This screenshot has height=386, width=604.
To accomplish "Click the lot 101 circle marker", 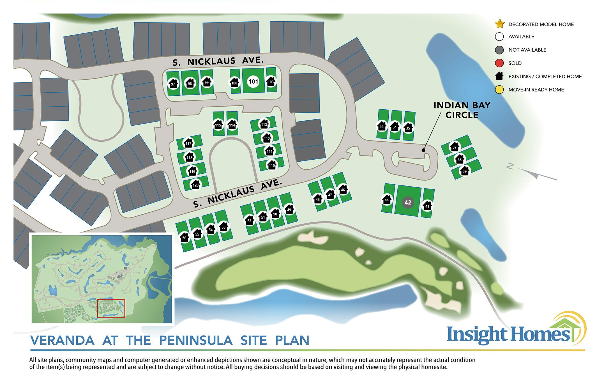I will pyautogui.click(x=253, y=82).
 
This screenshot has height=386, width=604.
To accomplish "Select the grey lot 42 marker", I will pyautogui.click(x=408, y=203).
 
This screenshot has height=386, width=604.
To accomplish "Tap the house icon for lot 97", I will pyautogui.click(x=173, y=84).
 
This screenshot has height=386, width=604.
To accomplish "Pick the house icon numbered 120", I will pyautogui.click(x=195, y=185).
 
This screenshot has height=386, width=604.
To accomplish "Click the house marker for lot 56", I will pyautogui.click(x=184, y=237).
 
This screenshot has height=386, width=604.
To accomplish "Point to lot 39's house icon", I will pyautogui.click(x=465, y=171).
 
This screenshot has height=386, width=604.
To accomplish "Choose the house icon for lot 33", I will pyautogui.click(x=382, y=126).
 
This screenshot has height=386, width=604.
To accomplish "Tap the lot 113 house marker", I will pyautogui.click(x=264, y=124).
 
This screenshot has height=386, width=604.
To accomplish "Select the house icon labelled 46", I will pyautogui.click(x=343, y=189).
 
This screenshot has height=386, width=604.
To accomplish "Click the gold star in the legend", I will pyautogui.click(x=500, y=24).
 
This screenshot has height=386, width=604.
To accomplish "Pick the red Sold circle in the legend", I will pyautogui.click(x=499, y=63).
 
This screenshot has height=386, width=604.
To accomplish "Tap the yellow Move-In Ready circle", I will pyautogui.click(x=499, y=90).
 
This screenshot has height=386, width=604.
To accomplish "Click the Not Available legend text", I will pyautogui.click(x=527, y=50).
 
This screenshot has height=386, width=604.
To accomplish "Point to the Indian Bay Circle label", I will pyautogui.click(x=462, y=110).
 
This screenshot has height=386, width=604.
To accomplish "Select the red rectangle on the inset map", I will pyautogui.click(x=111, y=308).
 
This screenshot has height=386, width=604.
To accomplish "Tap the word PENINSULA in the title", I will pyautogui.click(x=196, y=341).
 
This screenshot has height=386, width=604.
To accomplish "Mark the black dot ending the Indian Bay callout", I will pyautogui.click(x=423, y=150).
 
